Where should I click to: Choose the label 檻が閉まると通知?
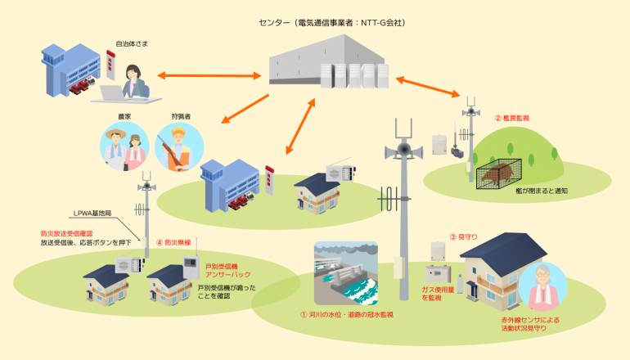[542, 191]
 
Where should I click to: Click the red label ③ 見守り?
[465, 237]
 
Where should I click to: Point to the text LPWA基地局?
[95, 214]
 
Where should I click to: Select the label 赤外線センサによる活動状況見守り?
[531, 323]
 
